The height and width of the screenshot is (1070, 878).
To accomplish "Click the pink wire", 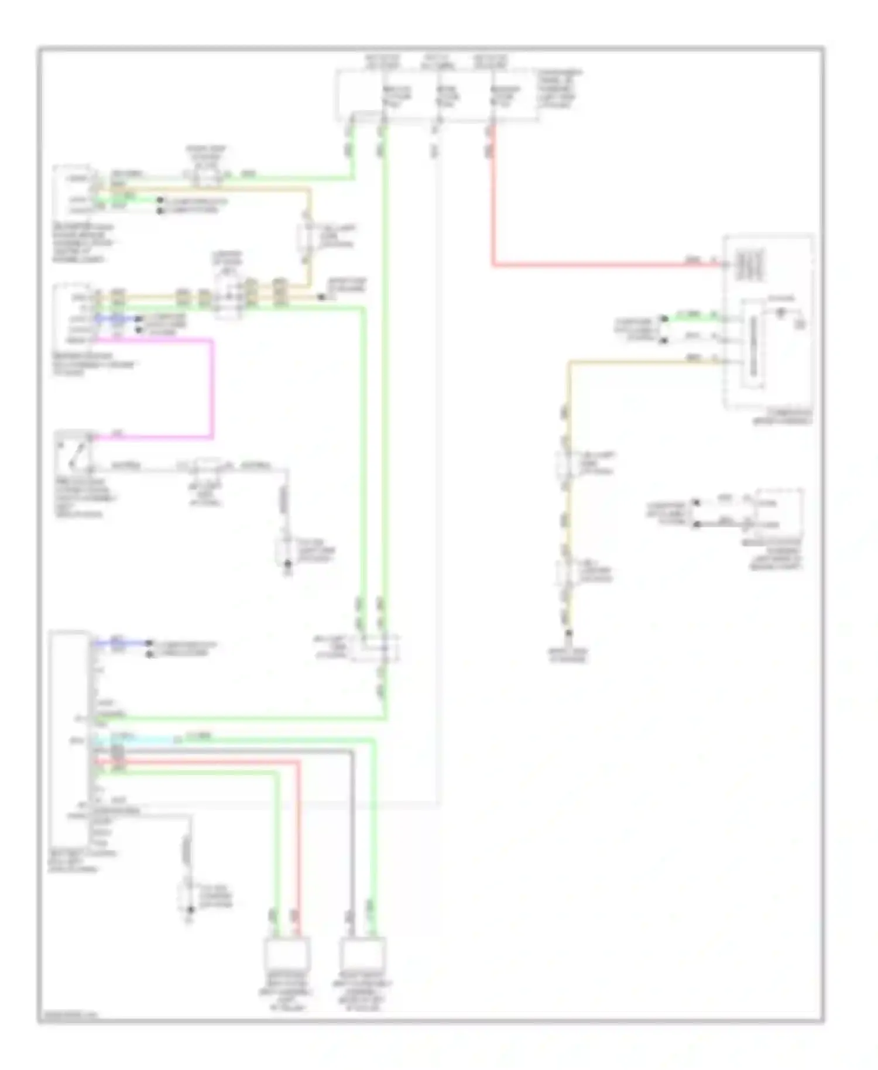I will point(212,389).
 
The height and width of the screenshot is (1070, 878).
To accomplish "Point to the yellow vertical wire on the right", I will point(567,498).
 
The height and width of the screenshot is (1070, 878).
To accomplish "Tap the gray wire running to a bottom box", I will point(352,837).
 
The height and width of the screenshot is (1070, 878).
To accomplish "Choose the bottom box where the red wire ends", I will point(287,954).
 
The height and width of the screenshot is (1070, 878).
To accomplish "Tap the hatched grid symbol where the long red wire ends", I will point(749,265).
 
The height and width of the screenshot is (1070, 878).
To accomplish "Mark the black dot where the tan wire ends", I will point(321,297).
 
